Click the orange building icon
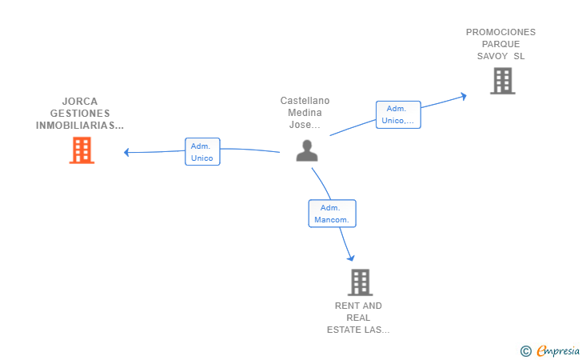(x=82, y=150)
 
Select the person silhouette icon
(x=307, y=150)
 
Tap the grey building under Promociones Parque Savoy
(x=503, y=81)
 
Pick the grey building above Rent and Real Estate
(x=360, y=282)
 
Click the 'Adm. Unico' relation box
(x=202, y=151)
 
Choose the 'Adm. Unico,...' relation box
(x=398, y=114)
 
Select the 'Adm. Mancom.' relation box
(x=333, y=214)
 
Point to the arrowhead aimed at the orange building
(x=126, y=152)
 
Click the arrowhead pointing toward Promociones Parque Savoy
(x=463, y=97)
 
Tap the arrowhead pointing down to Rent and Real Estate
(x=351, y=258)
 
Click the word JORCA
(x=80, y=102)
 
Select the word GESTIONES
(x=80, y=114)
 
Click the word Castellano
(x=305, y=101)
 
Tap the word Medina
(x=305, y=113)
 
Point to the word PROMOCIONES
(x=500, y=32)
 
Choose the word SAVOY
(x=492, y=56)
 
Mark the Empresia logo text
(x=558, y=350)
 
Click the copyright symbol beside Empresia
(x=526, y=351)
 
